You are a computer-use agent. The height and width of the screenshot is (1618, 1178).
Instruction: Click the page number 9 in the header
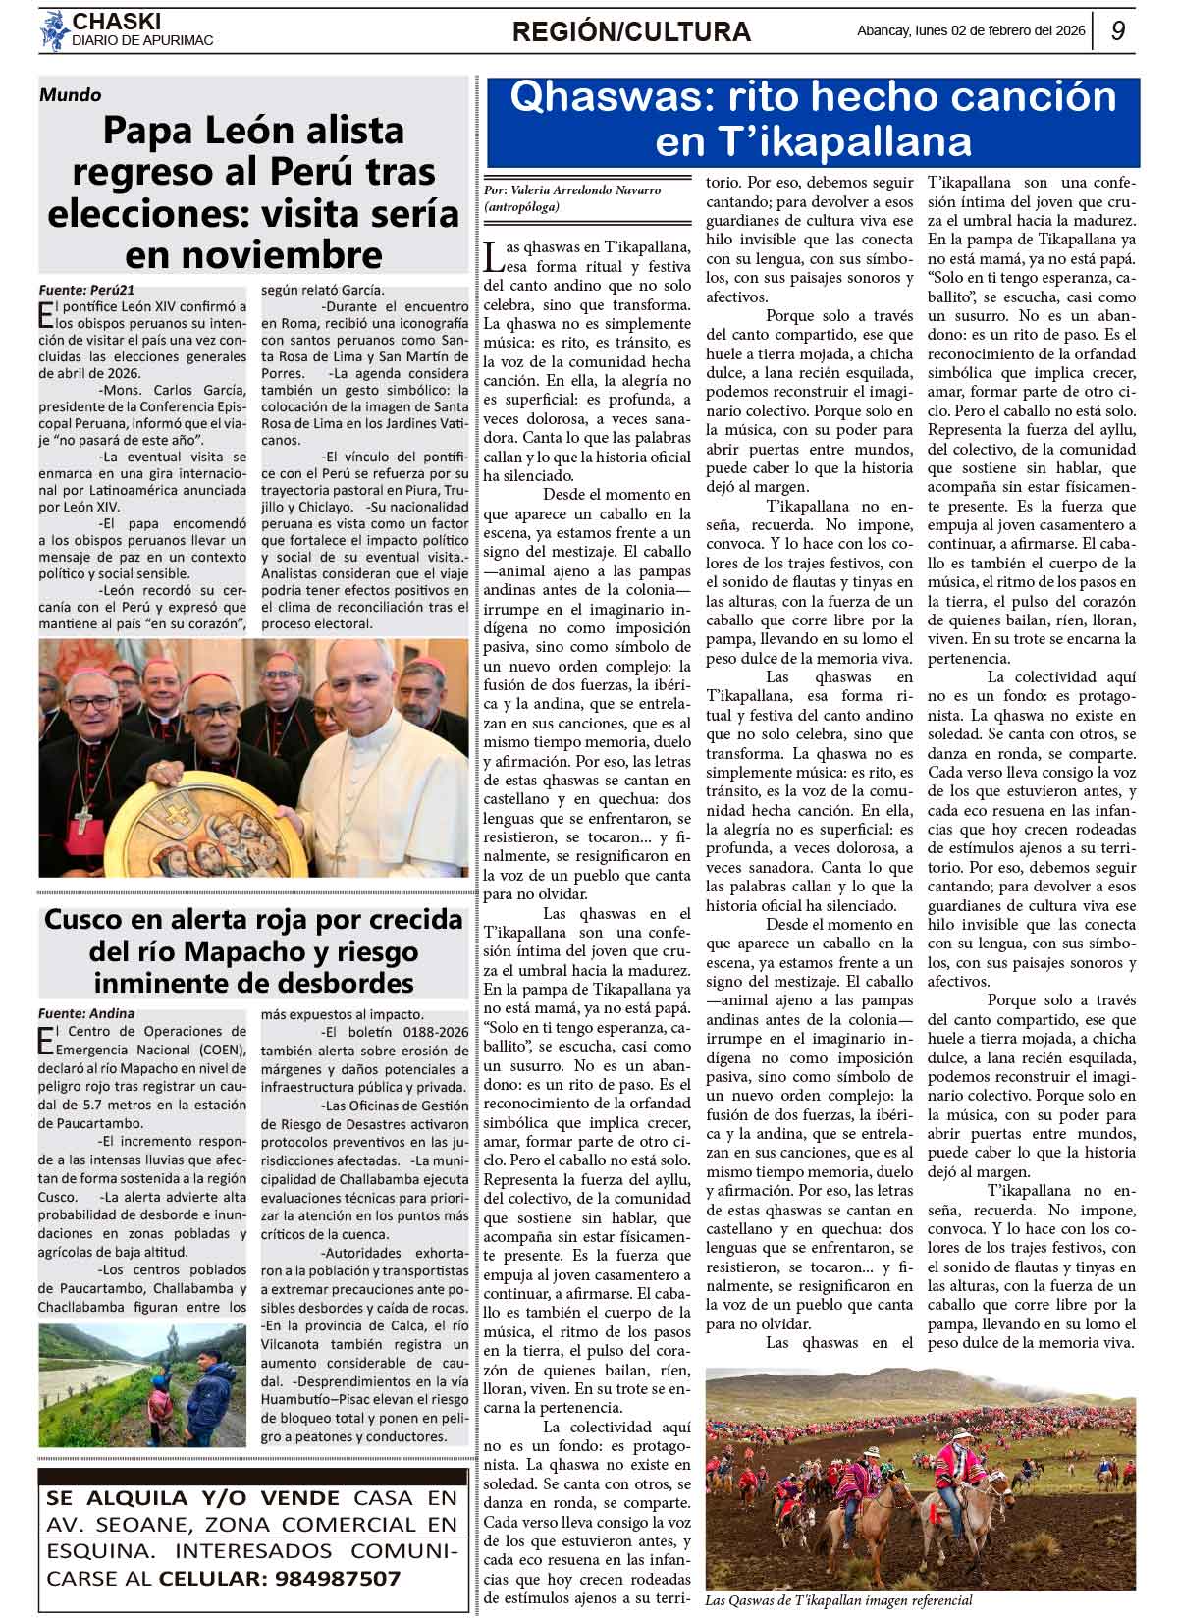(1117, 31)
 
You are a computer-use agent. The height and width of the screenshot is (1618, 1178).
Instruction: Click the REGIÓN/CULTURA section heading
(631, 32)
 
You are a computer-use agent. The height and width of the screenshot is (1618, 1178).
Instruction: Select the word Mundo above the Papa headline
(70, 95)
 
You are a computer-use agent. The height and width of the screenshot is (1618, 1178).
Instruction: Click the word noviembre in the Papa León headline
(253, 254)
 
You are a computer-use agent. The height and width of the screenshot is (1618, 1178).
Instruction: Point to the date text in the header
(971, 30)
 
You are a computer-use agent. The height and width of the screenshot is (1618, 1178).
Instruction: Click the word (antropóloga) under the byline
(522, 207)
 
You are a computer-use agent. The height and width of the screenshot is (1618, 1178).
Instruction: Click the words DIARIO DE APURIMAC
(142, 41)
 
